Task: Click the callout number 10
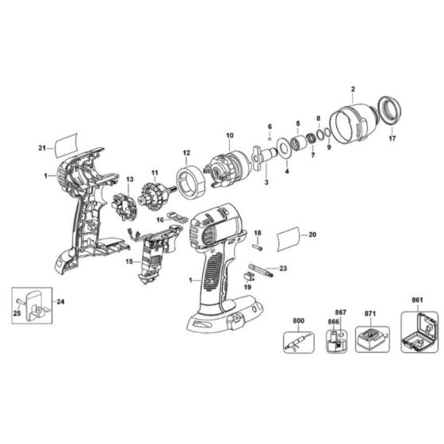tap(229, 136)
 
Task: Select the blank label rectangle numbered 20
tap(289, 236)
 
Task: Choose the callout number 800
tap(298, 321)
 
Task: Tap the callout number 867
tap(340, 312)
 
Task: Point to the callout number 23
tap(282, 268)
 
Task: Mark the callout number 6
tap(269, 127)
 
